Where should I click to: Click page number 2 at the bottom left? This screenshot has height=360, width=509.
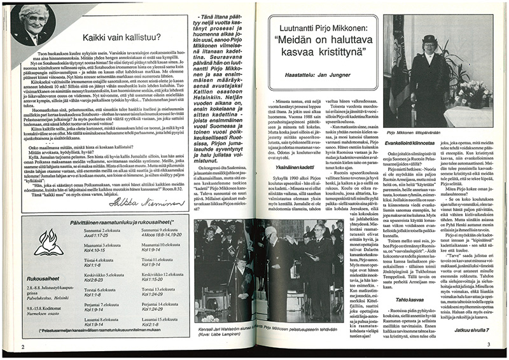tap(23, 347)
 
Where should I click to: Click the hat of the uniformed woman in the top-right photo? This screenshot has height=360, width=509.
tap(426, 39)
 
